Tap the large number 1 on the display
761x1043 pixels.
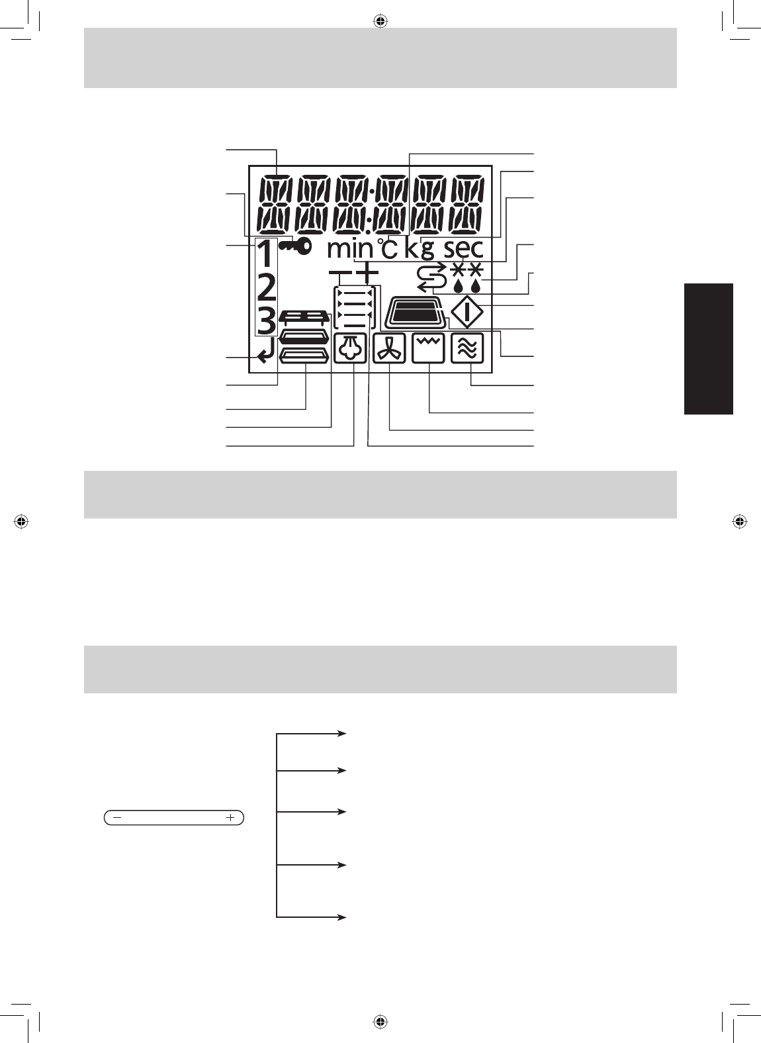pos(265,255)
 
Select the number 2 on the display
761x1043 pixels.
pos(266,288)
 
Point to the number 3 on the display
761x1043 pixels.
pos(266,322)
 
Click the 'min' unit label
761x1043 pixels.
pos(351,250)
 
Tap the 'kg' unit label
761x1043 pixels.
pos(420,250)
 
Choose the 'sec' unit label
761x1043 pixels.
pos(463,250)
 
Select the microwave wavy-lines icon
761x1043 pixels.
pos(467,349)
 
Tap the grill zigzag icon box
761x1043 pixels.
pos(429,349)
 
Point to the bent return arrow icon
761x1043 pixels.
pos(265,357)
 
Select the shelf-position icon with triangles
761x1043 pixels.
pos(355,308)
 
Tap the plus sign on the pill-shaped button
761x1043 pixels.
pos(230,818)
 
